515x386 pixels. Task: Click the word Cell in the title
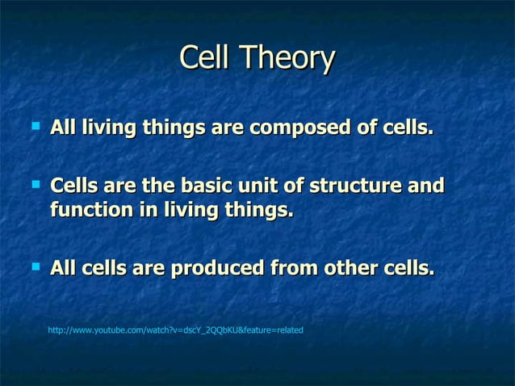point(205,58)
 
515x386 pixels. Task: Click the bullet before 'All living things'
point(34,126)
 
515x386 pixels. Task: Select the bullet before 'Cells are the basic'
point(34,185)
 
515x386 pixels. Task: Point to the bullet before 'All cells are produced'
point(34,266)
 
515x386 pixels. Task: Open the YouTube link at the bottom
point(175,330)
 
